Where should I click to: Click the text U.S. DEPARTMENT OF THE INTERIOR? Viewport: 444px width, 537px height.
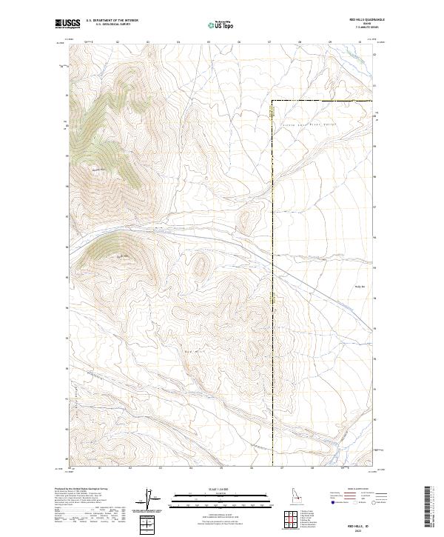pos(112,21)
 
